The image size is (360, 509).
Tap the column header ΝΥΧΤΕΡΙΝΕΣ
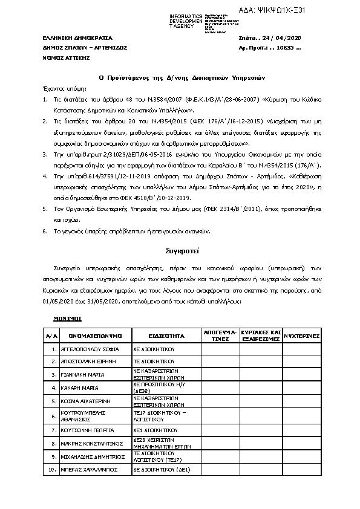303,333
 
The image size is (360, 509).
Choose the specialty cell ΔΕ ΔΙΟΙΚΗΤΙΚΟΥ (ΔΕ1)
162,469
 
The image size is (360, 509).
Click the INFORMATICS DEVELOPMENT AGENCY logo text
186,20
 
